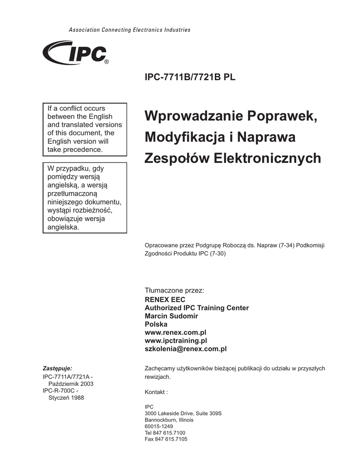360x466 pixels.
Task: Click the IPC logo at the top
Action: point(75,54)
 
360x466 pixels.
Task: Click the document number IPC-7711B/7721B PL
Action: point(190,77)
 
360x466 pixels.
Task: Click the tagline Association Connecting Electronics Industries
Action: point(129,30)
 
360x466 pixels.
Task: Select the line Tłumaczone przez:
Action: point(174,290)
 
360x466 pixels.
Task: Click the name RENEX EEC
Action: point(165,299)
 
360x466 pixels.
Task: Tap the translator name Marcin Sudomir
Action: point(171,316)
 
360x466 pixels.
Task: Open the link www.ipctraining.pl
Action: point(176,341)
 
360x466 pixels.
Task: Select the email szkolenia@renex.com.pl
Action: point(186,349)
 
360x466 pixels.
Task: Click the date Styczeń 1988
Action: point(66,398)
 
